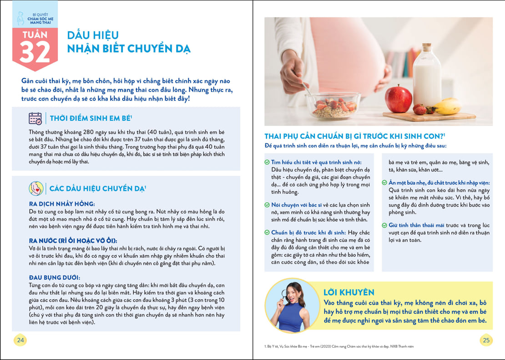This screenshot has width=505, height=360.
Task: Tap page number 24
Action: [20, 340]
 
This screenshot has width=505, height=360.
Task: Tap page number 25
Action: [485, 340]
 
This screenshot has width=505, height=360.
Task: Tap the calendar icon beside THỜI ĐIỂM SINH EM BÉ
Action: [35, 119]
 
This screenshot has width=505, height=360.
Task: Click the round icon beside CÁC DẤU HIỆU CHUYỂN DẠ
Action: [36, 188]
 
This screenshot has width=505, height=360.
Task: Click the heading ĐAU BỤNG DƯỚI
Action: [54, 277]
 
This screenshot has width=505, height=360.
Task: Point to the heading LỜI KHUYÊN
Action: [348, 292]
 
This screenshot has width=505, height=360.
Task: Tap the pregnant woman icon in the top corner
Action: [20, 18]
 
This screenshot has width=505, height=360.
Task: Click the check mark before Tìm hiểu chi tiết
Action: [267, 162]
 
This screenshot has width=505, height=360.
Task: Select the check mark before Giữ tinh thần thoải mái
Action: [384, 225]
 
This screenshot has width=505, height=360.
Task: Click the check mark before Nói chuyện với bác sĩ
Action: [267, 205]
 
